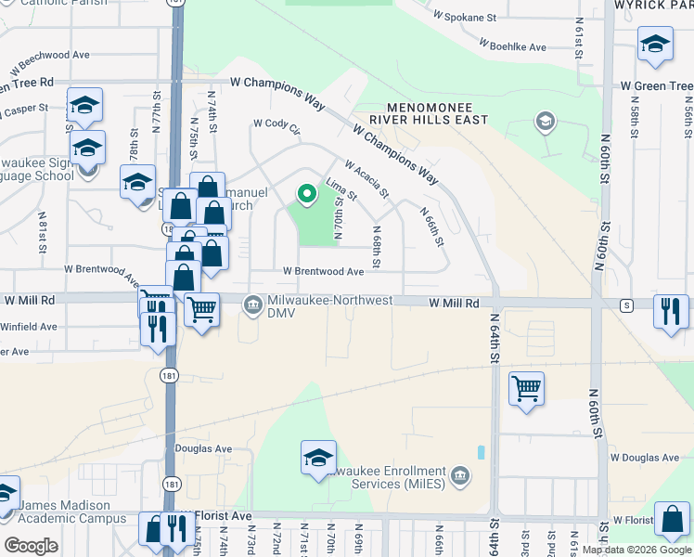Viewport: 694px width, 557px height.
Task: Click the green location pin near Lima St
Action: coord(306,193)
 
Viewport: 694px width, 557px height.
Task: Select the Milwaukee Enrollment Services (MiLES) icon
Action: coord(457,478)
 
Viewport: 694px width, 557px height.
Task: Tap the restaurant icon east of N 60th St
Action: coord(670,311)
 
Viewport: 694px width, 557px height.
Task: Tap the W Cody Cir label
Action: coord(277,124)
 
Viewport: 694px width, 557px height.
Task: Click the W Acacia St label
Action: coord(366,178)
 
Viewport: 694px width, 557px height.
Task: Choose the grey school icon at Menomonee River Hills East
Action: coord(545,121)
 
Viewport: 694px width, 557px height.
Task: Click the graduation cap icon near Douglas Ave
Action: coord(317,457)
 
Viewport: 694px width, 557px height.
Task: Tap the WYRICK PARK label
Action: coord(653,6)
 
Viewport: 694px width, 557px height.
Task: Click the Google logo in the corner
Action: coord(31,546)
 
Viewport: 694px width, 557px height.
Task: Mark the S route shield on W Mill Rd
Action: coord(627,304)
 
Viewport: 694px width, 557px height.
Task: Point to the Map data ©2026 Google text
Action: coord(636,550)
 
